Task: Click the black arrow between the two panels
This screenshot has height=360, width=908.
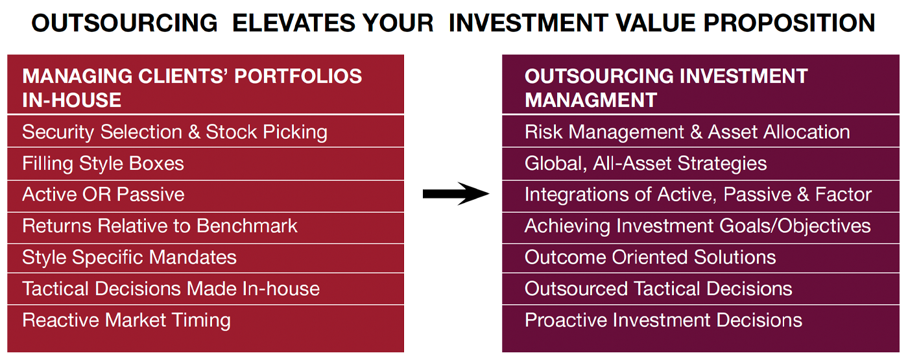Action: [x=456, y=194]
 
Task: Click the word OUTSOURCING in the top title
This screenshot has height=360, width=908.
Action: [x=125, y=23]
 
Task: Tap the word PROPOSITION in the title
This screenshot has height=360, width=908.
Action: [x=789, y=23]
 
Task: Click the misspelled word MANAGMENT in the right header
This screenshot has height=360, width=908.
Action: [x=591, y=100]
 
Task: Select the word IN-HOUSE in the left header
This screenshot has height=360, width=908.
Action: [x=72, y=100]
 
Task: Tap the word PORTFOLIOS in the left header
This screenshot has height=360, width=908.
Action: [x=298, y=77]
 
